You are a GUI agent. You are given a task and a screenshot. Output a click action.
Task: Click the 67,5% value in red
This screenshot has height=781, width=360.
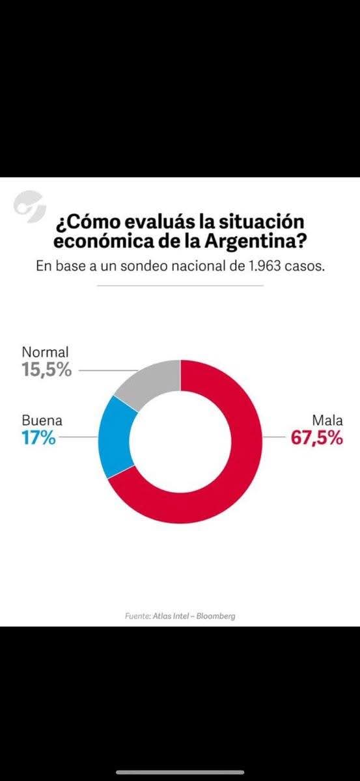316,437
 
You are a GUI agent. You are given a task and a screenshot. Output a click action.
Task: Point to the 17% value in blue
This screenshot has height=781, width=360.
39,437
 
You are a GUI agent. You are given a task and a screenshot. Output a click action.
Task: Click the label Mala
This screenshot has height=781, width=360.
327,420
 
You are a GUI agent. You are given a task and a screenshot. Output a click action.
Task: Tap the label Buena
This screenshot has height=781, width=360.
42,420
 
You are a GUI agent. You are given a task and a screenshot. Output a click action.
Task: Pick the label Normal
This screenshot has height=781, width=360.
45,352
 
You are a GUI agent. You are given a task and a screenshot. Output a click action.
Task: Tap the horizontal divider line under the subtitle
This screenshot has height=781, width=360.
180,285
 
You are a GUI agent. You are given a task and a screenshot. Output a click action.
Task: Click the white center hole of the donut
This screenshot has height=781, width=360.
180,441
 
